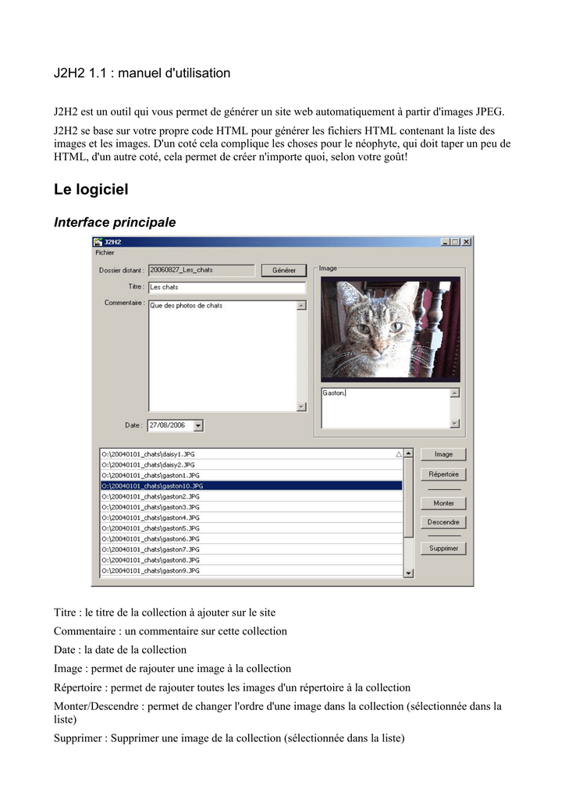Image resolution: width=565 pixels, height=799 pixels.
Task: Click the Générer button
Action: point(283,271)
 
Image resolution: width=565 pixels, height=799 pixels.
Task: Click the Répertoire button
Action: point(443,474)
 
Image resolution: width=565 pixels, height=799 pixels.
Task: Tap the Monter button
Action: point(443,503)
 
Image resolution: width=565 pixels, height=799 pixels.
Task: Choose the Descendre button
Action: point(443,522)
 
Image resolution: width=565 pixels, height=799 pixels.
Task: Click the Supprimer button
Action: point(443,549)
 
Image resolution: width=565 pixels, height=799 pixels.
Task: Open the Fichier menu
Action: point(105,253)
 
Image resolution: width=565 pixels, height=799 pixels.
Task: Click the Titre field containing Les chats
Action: point(226,287)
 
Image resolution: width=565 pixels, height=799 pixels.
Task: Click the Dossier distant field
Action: point(201,270)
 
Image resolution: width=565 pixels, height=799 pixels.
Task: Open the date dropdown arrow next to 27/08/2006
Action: point(197,426)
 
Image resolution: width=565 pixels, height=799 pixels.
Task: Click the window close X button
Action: point(467,242)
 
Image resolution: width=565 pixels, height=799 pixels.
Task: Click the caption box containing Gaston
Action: point(385,407)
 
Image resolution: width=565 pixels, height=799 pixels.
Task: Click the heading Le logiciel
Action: point(91,190)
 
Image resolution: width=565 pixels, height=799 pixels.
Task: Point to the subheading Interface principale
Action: point(115,222)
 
